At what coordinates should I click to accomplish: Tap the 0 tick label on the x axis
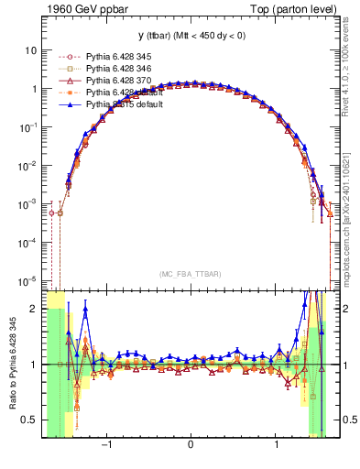(191, 446)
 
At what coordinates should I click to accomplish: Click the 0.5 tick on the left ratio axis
(27, 420)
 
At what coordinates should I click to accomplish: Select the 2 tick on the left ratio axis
(32, 309)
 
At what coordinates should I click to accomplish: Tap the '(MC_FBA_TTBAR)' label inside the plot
(190, 274)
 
